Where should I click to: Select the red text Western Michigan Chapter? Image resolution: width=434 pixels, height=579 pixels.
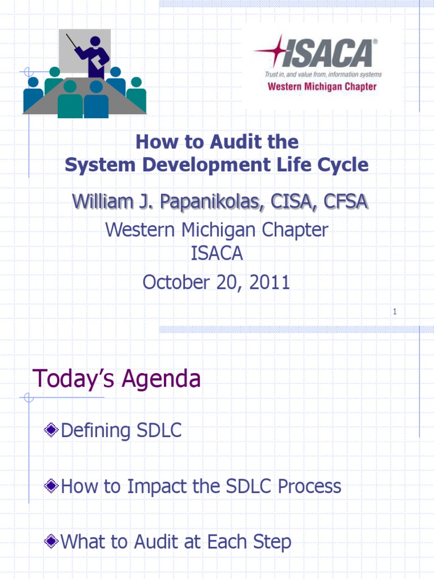coord(322,87)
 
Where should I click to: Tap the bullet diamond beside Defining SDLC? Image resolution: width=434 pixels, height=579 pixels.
coord(51,431)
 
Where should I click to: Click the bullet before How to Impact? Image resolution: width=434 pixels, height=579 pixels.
coord(51,486)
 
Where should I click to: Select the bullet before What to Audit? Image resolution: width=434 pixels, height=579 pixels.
coord(51,542)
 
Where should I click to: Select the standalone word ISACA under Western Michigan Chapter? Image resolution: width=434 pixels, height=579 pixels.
coord(216,254)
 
